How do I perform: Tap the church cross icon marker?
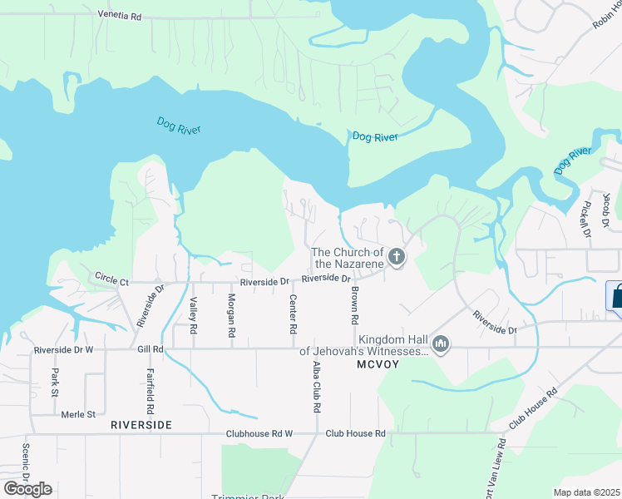pyautogui.click(x=397, y=257)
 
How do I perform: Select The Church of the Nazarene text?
pyautogui.click(x=347, y=258)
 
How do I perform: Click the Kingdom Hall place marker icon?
pyautogui.click(x=441, y=343)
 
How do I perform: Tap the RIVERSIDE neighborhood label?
pyautogui.click(x=141, y=425)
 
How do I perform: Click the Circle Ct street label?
pyautogui.click(x=111, y=278)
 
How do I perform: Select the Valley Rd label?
pyautogui.click(x=193, y=317)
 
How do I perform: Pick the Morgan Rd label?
pyautogui.click(x=232, y=314)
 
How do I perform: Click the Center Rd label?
pyautogui.click(x=293, y=314)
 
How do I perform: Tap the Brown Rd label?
pyautogui.click(x=354, y=305)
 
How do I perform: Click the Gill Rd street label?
pyautogui.click(x=151, y=350)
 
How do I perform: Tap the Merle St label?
pyautogui.click(x=80, y=413)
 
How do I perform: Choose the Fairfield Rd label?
pyautogui.click(x=151, y=391)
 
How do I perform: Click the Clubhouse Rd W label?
pyautogui.click(x=260, y=433)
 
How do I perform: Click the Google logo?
pyautogui.click(x=27, y=489)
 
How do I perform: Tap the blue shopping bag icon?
pyautogui.click(x=616, y=296)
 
